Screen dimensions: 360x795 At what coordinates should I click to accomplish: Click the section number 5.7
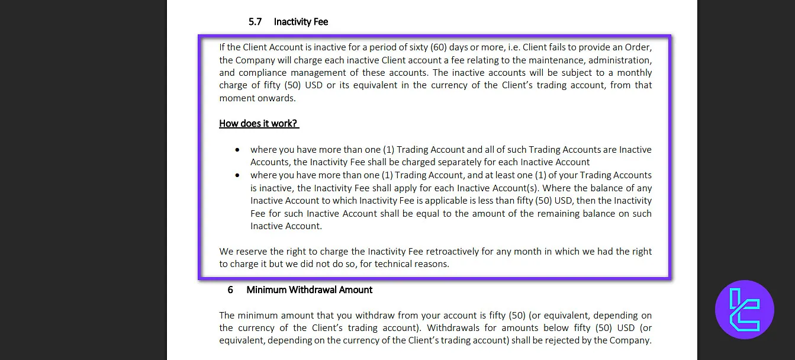click(x=255, y=22)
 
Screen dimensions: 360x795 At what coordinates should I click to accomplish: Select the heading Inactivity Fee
click(x=301, y=22)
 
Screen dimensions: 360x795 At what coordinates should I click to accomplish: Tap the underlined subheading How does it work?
click(x=259, y=124)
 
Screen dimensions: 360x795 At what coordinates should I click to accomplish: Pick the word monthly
click(x=634, y=73)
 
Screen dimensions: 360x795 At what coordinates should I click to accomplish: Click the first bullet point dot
click(x=237, y=150)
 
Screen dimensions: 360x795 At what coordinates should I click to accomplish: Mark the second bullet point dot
click(x=237, y=176)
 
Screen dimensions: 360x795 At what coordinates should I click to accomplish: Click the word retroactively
click(x=450, y=252)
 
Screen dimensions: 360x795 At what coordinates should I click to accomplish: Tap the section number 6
click(x=230, y=290)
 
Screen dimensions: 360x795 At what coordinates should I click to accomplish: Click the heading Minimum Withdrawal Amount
click(x=309, y=290)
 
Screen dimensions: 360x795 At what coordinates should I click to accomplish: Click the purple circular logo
click(x=744, y=309)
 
